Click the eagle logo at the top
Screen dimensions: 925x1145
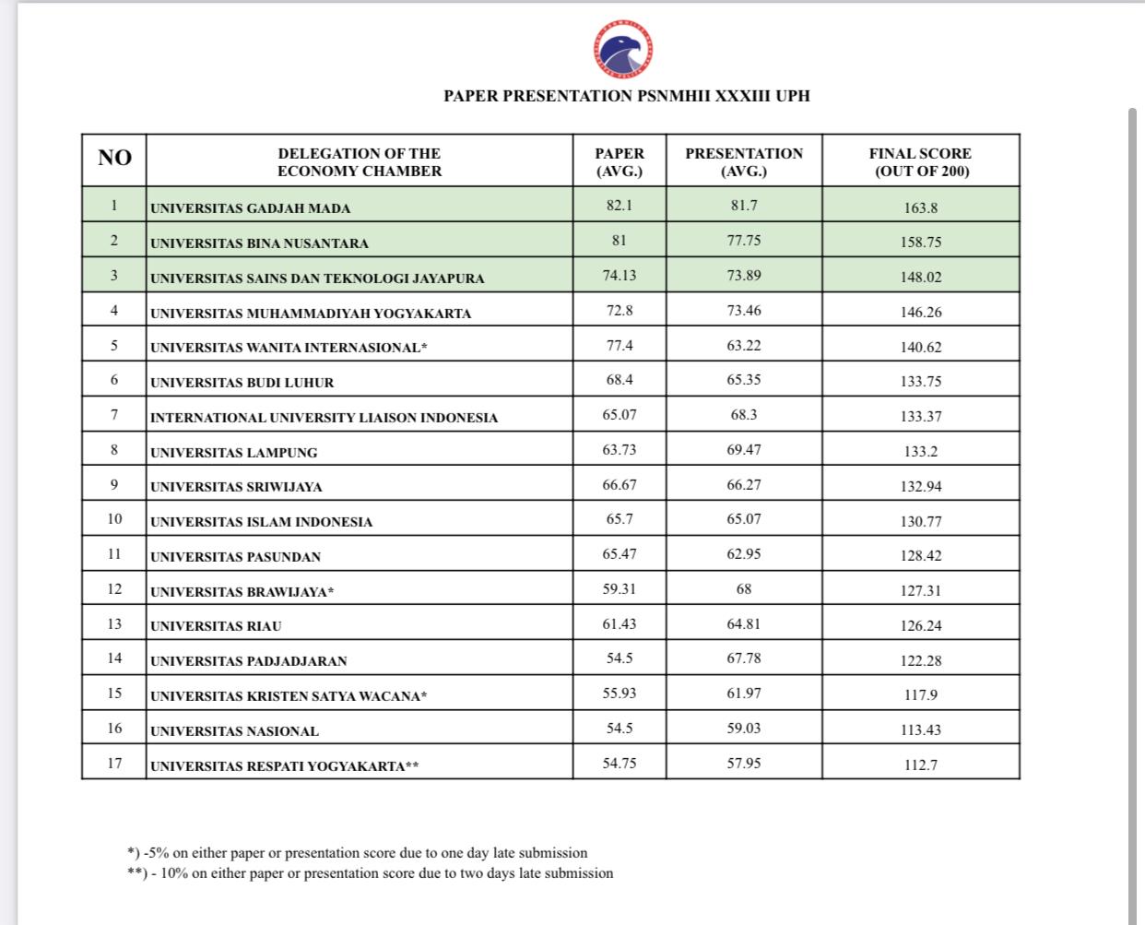[x=626, y=48]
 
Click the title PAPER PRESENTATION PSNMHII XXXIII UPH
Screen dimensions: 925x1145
[x=627, y=96]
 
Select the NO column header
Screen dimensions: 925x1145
[x=114, y=159]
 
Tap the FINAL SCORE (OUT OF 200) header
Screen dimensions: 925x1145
[x=920, y=162]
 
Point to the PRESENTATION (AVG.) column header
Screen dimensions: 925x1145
[x=743, y=162]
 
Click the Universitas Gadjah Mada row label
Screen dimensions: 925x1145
[x=251, y=208]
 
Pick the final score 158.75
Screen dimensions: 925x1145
[x=920, y=243]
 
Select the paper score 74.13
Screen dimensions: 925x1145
[x=620, y=275]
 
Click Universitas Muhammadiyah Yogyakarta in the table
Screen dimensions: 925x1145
[x=311, y=314]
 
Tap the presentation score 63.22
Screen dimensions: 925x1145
[x=743, y=345]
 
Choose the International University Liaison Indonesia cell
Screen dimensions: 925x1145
[x=324, y=418]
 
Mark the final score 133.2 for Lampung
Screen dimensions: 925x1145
[x=920, y=452]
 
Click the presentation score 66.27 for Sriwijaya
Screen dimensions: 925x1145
[x=743, y=484]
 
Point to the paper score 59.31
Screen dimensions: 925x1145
[x=620, y=588]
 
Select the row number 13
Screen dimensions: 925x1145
[x=114, y=624]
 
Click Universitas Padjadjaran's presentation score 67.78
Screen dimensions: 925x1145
[x=743, y=658]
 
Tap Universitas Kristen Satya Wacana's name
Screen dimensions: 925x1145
[x=289, y=696]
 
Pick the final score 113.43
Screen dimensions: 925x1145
[x=920, y=730]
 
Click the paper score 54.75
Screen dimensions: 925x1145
[x=620, y=764]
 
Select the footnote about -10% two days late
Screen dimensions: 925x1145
[x=370, y=873]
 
